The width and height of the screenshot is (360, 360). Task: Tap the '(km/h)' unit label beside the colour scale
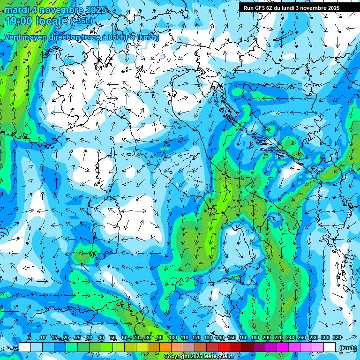pyautogui.click(x=347, y=347)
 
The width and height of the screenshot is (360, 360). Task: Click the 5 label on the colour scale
pyautogui.click(x=29, y=338)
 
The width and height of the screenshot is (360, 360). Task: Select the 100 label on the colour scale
pyautogui.click(x=172, y=338)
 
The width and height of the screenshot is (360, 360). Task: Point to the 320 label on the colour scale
pyautogui.click(x=337, y=338)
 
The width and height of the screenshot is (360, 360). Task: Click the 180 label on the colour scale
pyautogui.click(x=255, y=338)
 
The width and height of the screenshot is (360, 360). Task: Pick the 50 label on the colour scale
pyautogui.click(x=113, y=338)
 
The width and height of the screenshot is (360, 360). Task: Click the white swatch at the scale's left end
pyautogui.click(x=25, y=347)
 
